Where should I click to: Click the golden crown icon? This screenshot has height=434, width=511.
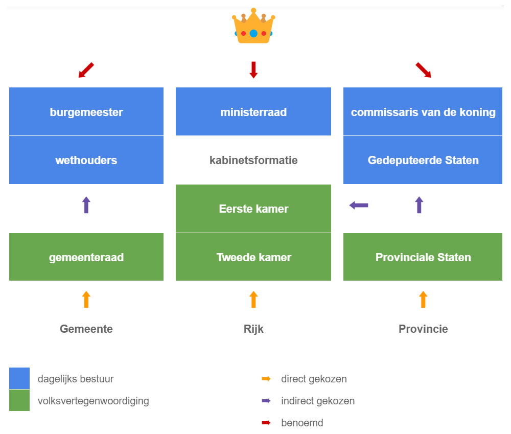pyautogui.click(x=253, y=27)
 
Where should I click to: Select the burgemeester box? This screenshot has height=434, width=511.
pyautogui.click(x=86, y=111)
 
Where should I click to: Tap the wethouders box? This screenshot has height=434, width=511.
pyautogui.click(x=86, y=160)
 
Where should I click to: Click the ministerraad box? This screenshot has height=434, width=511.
pyautogui.click(x=253, y=111)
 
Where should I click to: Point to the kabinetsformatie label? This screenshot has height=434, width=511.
pyautogui.click(x=253, y=160)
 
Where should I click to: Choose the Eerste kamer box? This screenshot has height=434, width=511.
pyautogui.click(x=253, y=209)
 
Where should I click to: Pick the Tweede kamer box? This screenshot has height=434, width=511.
pyautogui.click(x=253, y=257)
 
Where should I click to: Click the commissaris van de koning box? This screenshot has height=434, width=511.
pyautogui.click(x=423, y=111)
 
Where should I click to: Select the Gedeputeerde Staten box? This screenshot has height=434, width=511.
pyautogui.click(x=423, y=160)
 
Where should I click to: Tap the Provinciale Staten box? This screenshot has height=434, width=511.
pyautogui.click(x=423, y=257)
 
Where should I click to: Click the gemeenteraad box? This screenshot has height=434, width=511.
pyautogui.click(x=86, y=257)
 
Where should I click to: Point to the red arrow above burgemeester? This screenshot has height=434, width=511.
pyautogui.click(x=86, y=71)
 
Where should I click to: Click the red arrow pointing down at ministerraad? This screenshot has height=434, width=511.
pyautogui.click(x=253, y=70)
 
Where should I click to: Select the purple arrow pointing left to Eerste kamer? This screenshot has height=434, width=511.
pyautogui.click(x=359, y=205)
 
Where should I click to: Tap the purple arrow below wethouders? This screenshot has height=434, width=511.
pyautogui.click(x=86, y=205)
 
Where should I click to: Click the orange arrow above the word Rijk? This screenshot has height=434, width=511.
pyautogui.click(x=253, y=299)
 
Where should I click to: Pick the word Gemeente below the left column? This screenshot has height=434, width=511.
pyautogui.click(x=86, y=329)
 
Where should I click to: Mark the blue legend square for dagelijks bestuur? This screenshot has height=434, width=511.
pyautogui.click(x=19, y=379)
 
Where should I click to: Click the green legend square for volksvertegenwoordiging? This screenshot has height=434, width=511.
pyautogui.click(x=19, y=400)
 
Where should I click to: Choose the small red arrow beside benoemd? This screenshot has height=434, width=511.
pyautogui.click(x=266, y=423)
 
